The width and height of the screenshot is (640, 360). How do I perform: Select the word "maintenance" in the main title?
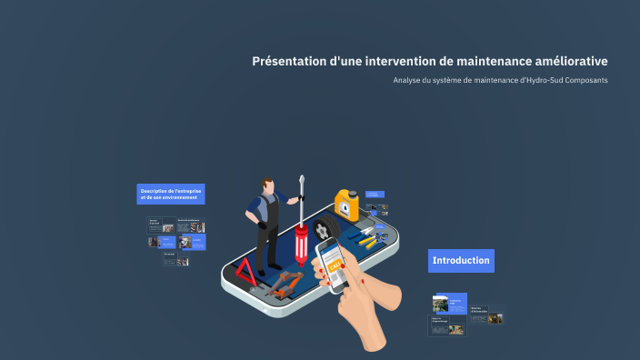click(x=483, y=62)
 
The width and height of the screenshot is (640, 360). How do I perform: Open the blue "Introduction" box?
click(x=461, y=261)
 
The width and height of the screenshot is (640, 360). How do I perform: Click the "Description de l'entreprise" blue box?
click(x=171, y=194)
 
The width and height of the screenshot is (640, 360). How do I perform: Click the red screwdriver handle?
click(x=301, y=246)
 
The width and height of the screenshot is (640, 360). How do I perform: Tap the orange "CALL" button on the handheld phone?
click(x=335, y=265)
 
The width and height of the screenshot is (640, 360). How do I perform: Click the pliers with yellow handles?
click(x=365, y=241)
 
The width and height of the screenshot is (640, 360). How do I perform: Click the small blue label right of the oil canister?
click(x=375, y=193)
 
